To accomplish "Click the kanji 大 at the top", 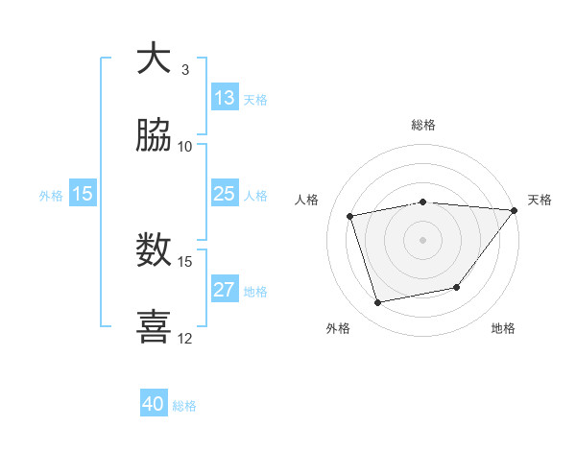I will tap(154, 59).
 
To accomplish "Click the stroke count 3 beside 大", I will tap(185, 69).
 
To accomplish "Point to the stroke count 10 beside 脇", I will tap(185, 146).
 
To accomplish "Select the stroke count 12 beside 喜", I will tap(185, 338).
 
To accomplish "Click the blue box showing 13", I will tap(225, 98).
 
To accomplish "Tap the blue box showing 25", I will tap(225, 194).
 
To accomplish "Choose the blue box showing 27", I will tap(225, 290).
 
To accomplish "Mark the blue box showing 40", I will tap(154, 404).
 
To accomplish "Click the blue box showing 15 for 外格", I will tap(83, 194).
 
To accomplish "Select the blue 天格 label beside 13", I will tap(255, 99).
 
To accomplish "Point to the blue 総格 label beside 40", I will tap(184, 405).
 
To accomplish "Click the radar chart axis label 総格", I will tap(423, 125).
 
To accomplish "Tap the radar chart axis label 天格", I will tap(540, 200).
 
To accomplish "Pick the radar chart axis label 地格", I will tap(503, 328).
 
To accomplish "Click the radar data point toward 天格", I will tap(515, 210).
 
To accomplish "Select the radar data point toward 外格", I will tap(378, 303).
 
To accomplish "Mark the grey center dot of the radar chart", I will tap(423, 239).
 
